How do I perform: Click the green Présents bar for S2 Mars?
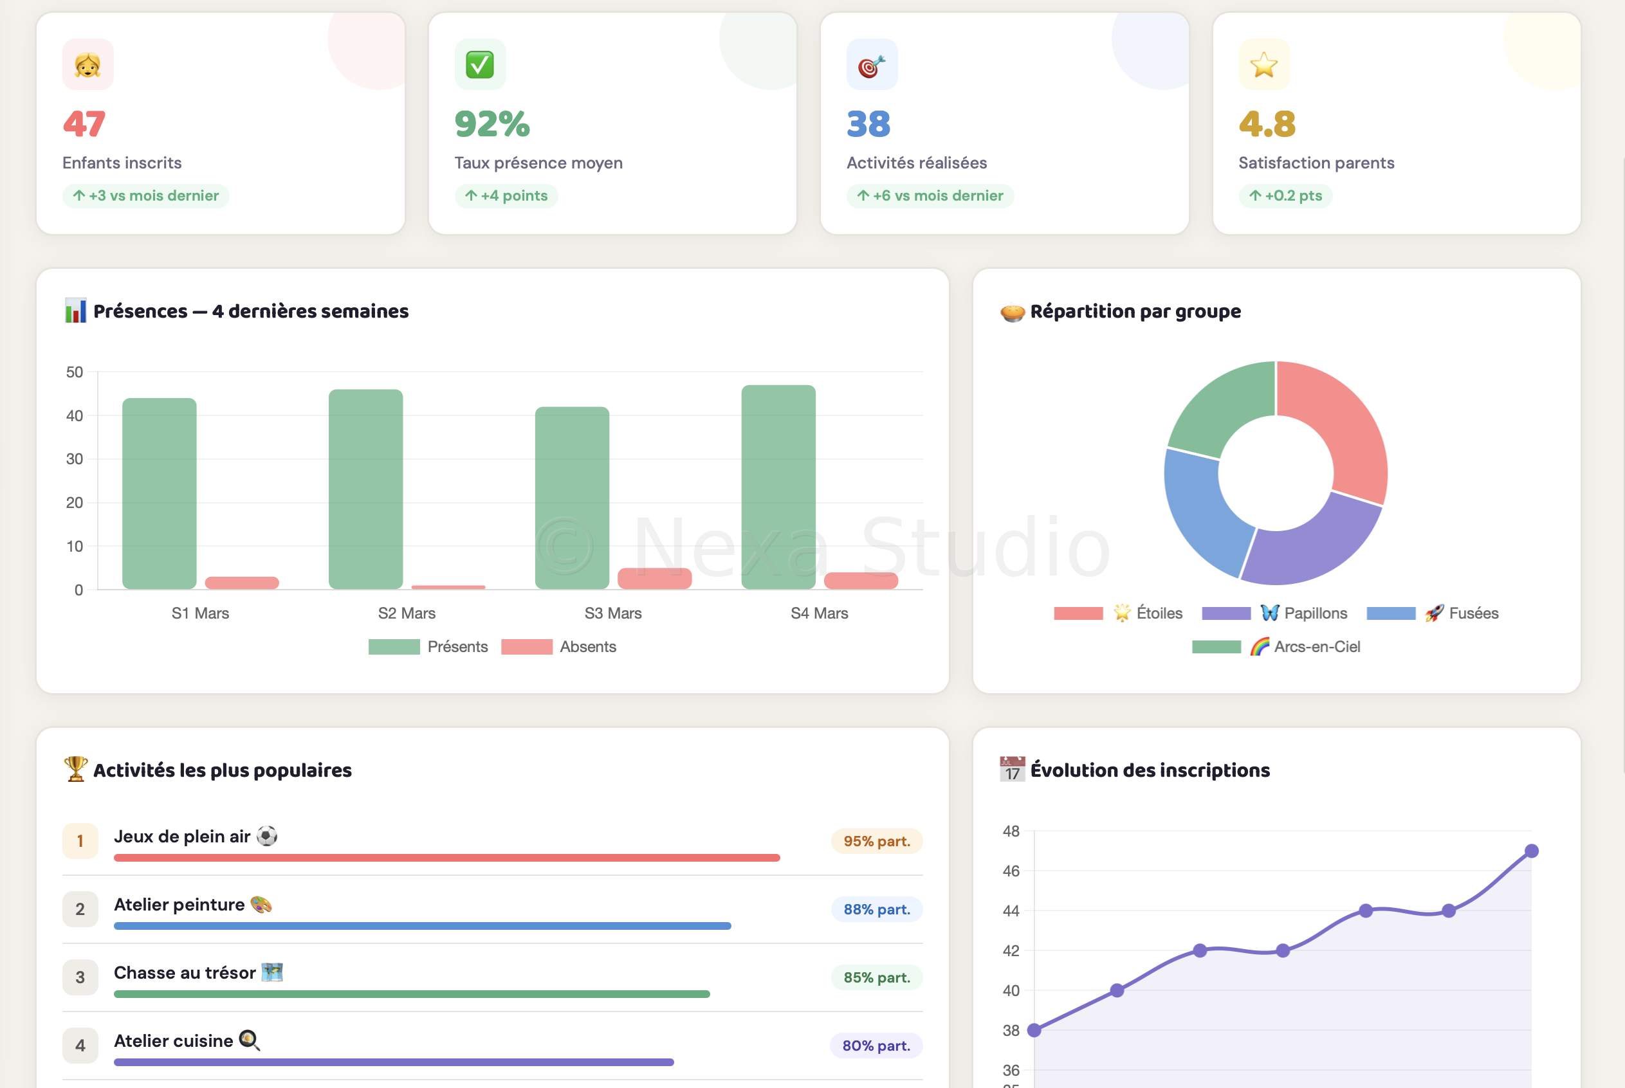coord(366,489)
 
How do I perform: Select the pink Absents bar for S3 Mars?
coord(655,579)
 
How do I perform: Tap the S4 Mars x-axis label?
coord(819,613)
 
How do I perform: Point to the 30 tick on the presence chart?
coord(74,459)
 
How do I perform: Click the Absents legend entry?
coord(559,647)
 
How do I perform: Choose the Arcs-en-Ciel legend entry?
coord(1276,647)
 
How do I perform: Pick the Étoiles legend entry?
coord(1118,613)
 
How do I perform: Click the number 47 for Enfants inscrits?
coord(84,124)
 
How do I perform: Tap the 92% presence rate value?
coord(492,124)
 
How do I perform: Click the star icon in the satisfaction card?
coord(1264,64)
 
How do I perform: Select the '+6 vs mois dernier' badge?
coord(930,195)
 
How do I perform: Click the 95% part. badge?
coord(877,841)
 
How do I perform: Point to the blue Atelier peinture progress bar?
coord(422,925)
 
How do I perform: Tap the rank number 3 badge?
coord(80,977)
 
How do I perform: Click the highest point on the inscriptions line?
coord(1531,851)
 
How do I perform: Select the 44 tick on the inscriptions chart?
coord(1011,911)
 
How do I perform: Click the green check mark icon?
coord(480,64)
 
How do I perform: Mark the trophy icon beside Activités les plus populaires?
coord(76,769)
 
